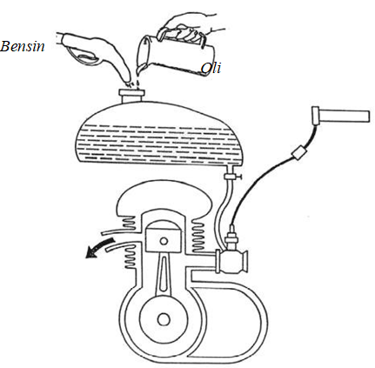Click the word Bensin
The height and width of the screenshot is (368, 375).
(x=23, y=47)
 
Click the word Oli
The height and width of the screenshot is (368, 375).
(x=211, y=68)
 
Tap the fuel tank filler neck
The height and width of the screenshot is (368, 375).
(x=132, y=96)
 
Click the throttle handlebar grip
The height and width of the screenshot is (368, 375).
(x=340, y=116)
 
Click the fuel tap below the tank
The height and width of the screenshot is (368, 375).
(x=231, y=176)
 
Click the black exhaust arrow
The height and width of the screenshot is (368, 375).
(x=98, y=247)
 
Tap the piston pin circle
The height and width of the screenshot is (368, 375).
(x=164, y=241)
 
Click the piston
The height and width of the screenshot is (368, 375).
(x=164, y=236)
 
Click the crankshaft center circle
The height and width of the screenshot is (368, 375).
(x=164, y=319)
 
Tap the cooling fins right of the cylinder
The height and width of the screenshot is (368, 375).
(x=199, y=234)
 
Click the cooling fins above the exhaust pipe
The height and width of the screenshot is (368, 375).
(x=130, y=223)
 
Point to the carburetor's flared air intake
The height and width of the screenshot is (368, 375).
(x=244, y=262)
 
